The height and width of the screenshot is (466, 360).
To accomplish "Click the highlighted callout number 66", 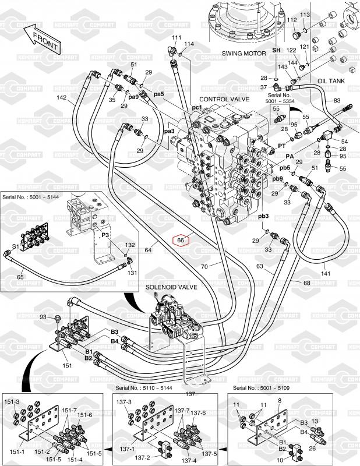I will pyautogui.click(x=181, y=239).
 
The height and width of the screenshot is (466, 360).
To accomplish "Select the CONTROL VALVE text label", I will pyautogui.click(x=224, y=100).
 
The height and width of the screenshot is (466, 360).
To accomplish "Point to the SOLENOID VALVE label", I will pyautogui.click(x=171, y=288).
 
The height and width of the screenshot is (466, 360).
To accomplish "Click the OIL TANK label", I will pyautogui.click(x=331, y=82).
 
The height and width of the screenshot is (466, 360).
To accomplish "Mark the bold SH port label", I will pyautogui.click(x=278, y=51).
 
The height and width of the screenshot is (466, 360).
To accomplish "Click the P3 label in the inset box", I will pyautogui.click(x=106, y=235).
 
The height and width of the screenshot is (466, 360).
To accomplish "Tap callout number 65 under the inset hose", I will pyautogui.click(x=20, y=277).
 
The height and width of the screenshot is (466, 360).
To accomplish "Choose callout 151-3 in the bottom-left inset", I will pyautogui.click(x=12, y=402).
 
